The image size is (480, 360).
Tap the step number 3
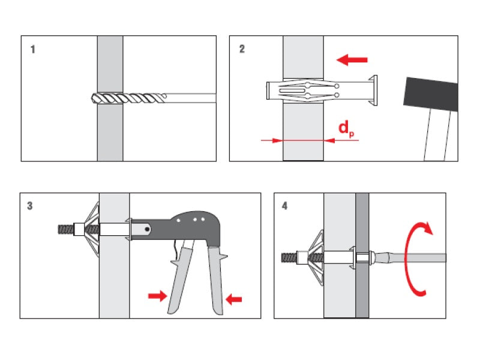tap(30, 206)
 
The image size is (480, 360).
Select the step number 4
tap(284, 206)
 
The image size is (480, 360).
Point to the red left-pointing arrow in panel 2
tap(352, 59)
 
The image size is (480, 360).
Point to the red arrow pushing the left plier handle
tap(158, 295)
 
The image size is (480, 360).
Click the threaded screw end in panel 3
tap(64, 229)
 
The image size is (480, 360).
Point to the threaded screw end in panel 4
tap(290, 258)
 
